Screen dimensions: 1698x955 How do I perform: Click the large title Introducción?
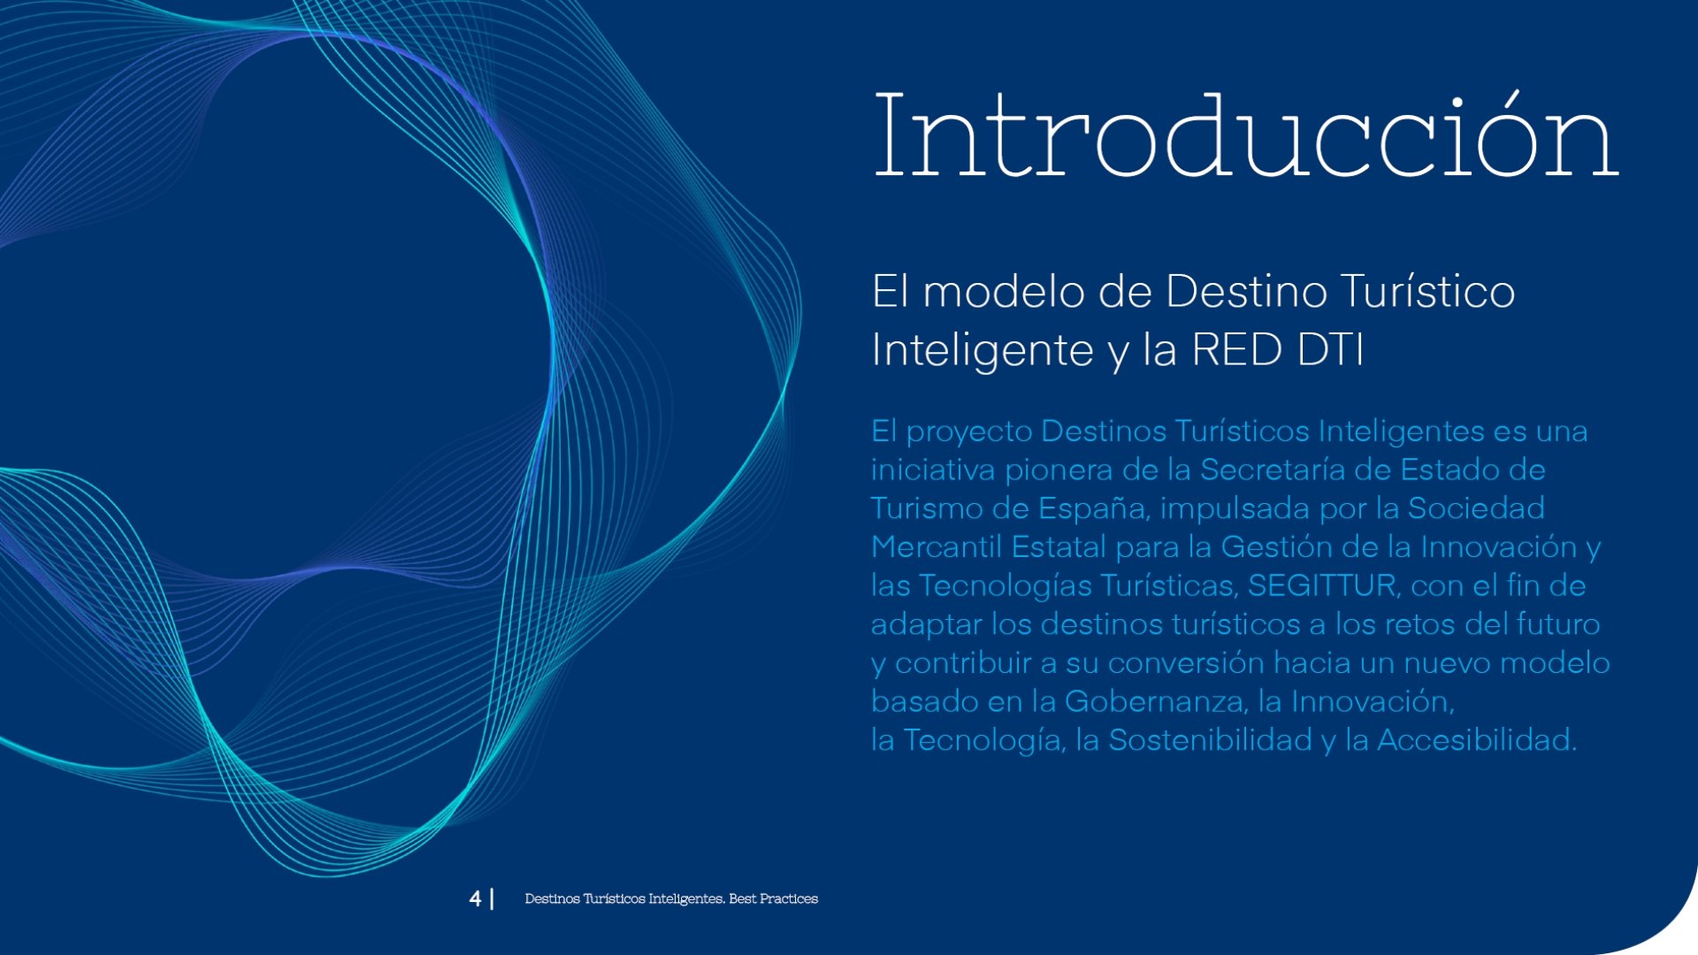coord(1246,134)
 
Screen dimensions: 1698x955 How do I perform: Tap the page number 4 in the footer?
coord(476,898)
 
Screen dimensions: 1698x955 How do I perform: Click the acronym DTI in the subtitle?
coord(1331,348)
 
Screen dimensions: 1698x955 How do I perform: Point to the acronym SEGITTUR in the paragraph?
coord(1322,585)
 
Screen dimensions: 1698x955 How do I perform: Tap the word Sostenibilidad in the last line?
coord(1211,739)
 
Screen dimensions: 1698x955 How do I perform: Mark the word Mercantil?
coord(937,546)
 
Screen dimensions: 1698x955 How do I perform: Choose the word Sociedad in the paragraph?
coord(1476,508)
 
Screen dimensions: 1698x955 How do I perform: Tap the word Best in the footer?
coord(742,898)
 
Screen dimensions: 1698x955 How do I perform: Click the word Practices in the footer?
coord(789,898)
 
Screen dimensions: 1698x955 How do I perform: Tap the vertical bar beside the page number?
coord(492,898)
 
